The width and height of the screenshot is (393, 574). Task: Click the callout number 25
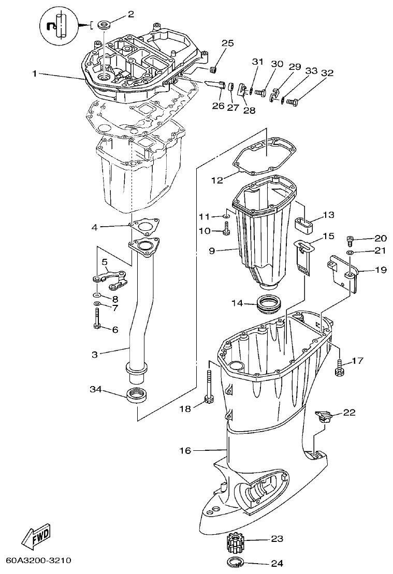228,42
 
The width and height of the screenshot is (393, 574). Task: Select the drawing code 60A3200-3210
39,561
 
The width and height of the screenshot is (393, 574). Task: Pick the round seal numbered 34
137,394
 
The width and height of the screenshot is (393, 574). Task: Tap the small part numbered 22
323,415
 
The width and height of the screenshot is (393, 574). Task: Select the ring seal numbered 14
270,302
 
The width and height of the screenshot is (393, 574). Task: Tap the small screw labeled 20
351,239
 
